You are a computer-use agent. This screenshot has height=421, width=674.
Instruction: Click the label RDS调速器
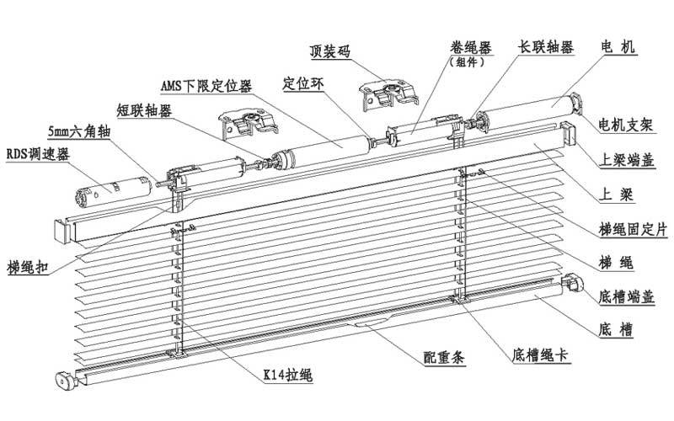pyautogui.click(x=37, y=154)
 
